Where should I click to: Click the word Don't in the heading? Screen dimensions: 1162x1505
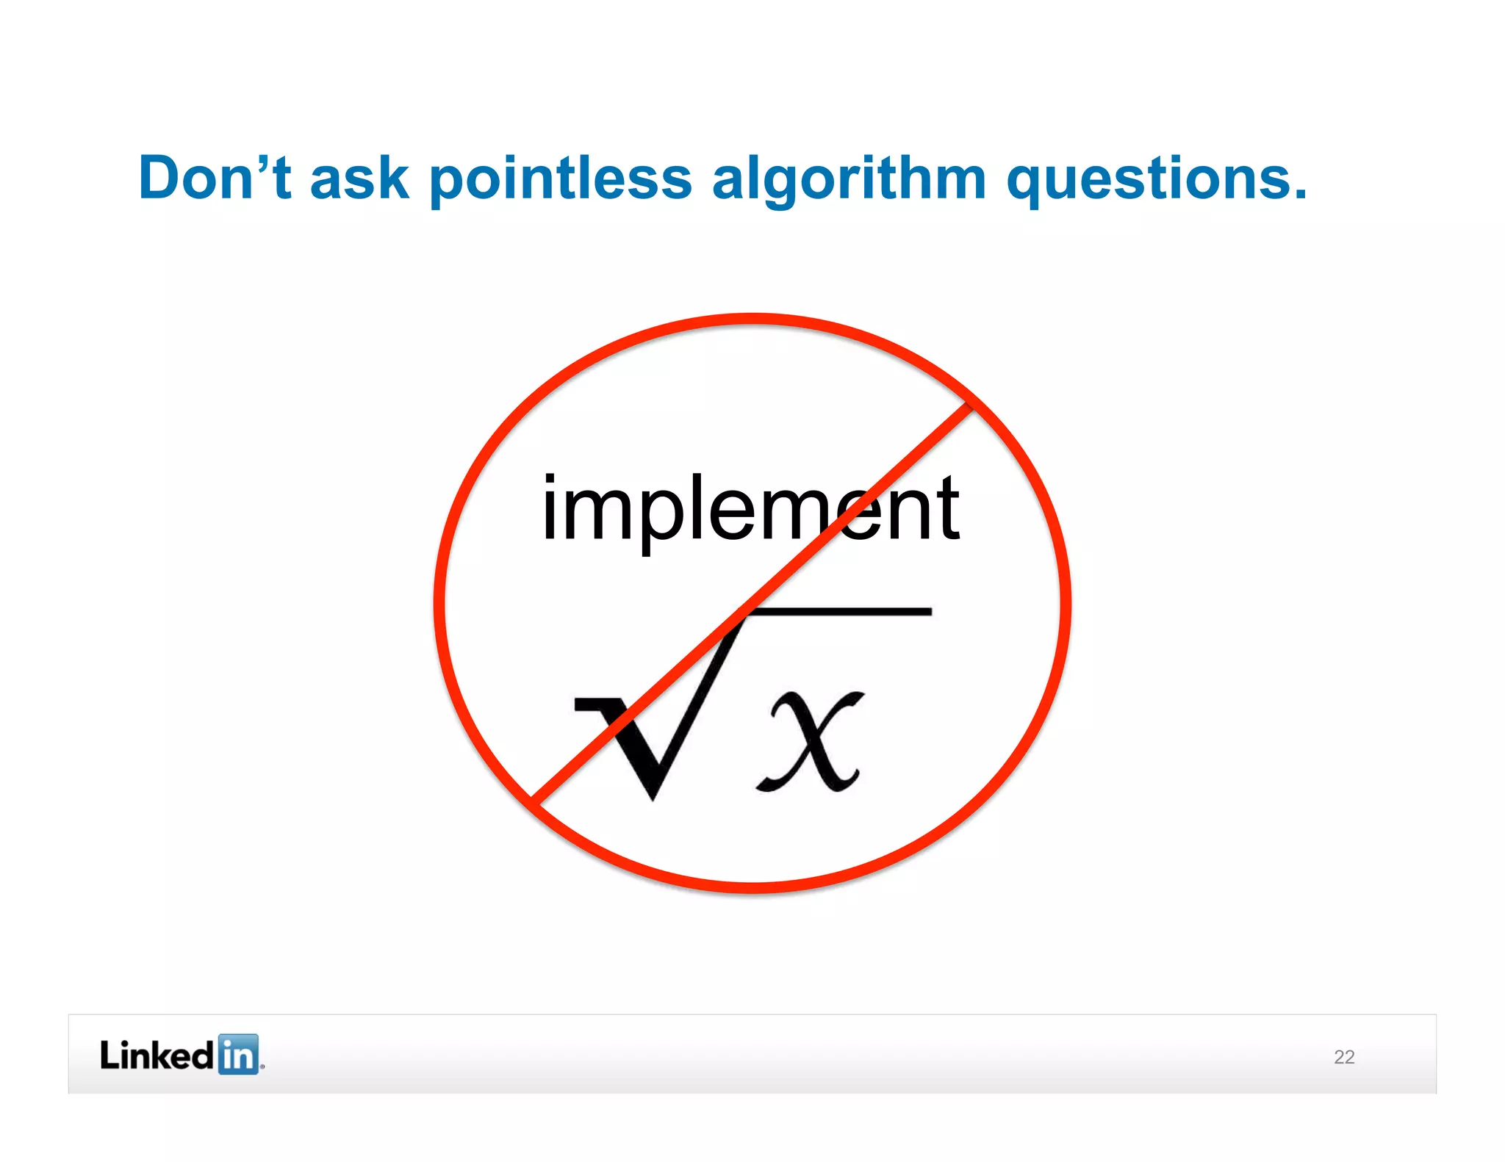click(x=215, y=178)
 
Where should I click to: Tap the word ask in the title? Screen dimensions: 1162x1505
click(x=359, y=179)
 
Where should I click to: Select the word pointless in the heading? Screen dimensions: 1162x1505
click(x=560, y=179)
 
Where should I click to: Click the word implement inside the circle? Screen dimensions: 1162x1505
click(x=750, y=508)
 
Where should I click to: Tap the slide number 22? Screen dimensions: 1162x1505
click(x=1344, y=1057)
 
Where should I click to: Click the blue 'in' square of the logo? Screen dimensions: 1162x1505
click(x=239, y=1055)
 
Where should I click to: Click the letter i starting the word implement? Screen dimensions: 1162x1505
click(x=550, y=508)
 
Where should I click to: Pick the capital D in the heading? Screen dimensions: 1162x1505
click(x=161, y=178)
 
